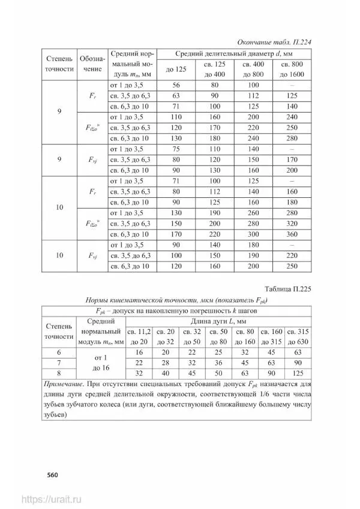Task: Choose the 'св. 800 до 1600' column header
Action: (293, 69)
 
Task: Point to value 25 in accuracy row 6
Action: (218, 353)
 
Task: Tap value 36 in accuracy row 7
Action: (218, 363)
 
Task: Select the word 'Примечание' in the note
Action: (67, 384)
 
